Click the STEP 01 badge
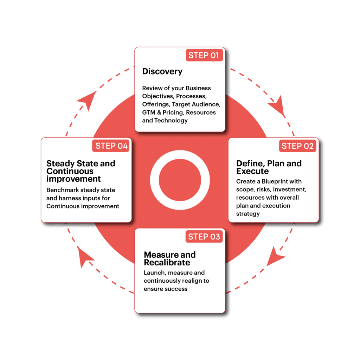pyautogui.click(x=204, y=55)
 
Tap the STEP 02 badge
pyautogui.click(x=297, y=146)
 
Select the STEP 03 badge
pyautogui.click(x=204, y=237)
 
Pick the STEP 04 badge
pyautogui.click(x=111, y=146)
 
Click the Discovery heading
pyautogui.click(x=162, y=71)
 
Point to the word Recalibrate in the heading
pyautogui.click(x=167, y=263)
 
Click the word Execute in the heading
pyautogui.click(x=252, y=172)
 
